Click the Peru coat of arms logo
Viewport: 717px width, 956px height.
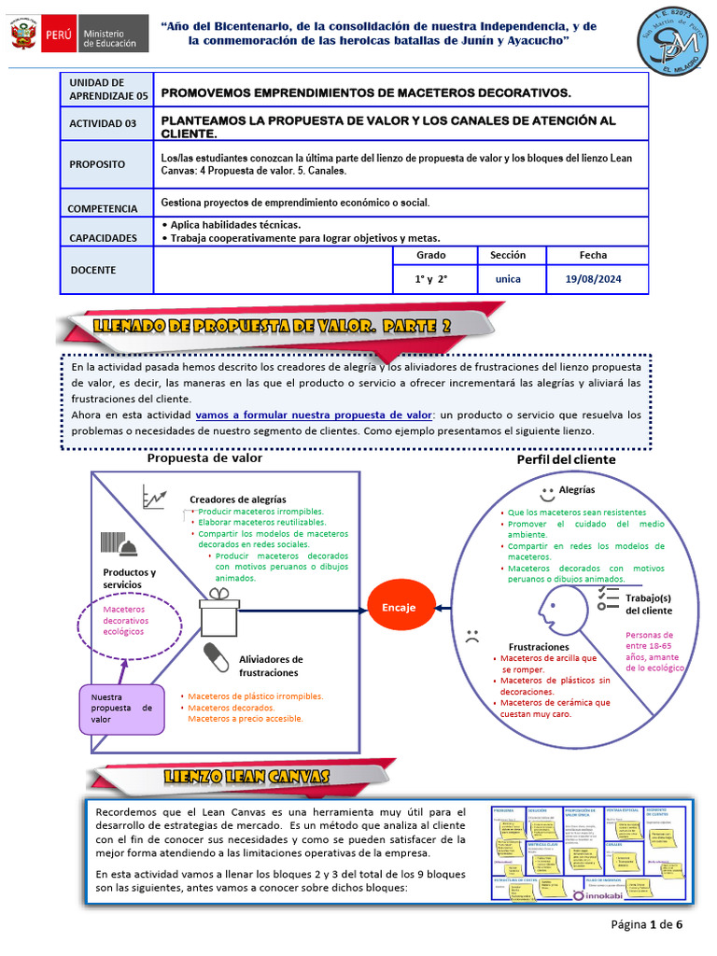23,35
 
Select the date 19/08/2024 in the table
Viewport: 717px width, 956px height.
593,278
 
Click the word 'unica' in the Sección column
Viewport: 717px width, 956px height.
508,278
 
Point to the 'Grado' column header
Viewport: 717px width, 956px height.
430,255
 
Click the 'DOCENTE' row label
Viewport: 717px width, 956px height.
93,270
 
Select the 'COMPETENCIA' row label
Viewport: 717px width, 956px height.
103,208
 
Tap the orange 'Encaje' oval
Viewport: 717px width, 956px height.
399,608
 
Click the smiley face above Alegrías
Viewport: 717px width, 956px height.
547,491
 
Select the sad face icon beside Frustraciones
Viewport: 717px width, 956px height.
472,639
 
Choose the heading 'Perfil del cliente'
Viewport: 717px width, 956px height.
566,460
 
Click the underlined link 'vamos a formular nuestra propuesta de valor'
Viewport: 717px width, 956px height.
314,415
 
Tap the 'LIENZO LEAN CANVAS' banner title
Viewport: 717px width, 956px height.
246,777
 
